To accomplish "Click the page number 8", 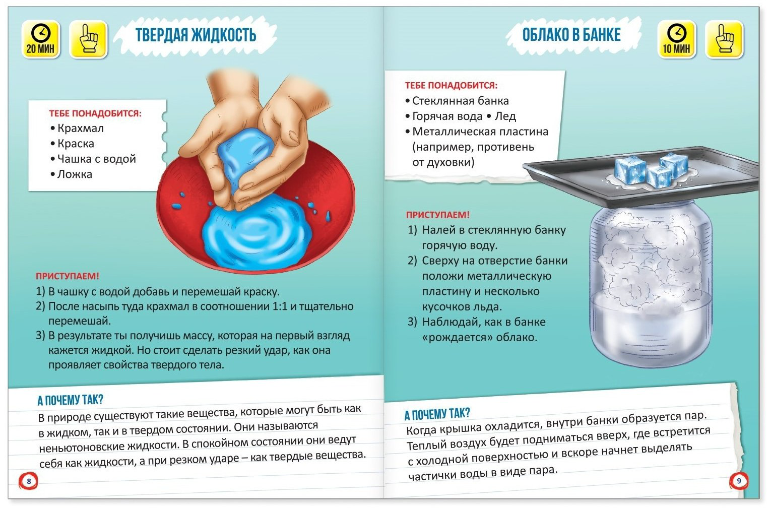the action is coord(29,481).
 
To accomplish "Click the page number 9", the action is coord(739,481).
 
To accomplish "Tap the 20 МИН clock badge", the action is coord(41,39).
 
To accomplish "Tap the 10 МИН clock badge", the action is coord(676,39).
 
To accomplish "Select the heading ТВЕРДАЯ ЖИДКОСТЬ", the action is coord(196,35).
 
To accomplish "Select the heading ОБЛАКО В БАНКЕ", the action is coord(571,35).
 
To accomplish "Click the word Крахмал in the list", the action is coord(81,128).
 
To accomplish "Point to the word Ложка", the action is coord(75,174).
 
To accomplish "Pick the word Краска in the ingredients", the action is coord(76,144).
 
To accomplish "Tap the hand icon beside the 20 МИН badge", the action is coord(89,39).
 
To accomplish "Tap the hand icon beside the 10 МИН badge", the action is coord(724,39).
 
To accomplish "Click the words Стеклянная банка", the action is coord(460,101).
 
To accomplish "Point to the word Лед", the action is coord(505,116).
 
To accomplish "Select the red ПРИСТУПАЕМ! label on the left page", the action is coord(68,276).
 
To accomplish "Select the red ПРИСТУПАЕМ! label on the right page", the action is coord(437,215).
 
